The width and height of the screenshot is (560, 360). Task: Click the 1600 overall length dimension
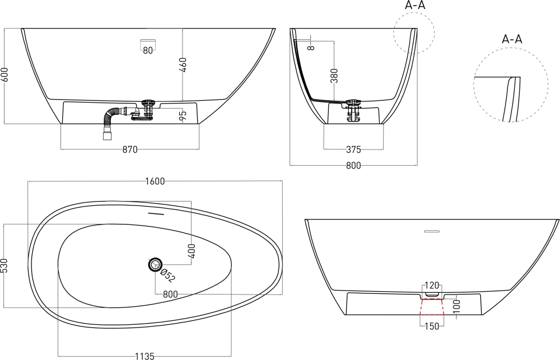(155, 181)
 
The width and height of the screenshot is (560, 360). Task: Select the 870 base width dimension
(130, 149)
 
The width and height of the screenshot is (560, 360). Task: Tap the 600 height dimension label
(4, 75)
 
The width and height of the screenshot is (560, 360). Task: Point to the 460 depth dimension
(183, 64)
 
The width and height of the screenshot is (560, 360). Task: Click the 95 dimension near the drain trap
(183, 115)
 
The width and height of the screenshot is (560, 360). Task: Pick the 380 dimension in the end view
(334, 76)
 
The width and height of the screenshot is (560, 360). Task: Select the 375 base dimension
(353, 149)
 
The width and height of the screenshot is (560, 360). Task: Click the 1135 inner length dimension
(144, 356)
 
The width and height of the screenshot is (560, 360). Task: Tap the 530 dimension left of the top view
(4, 266)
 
